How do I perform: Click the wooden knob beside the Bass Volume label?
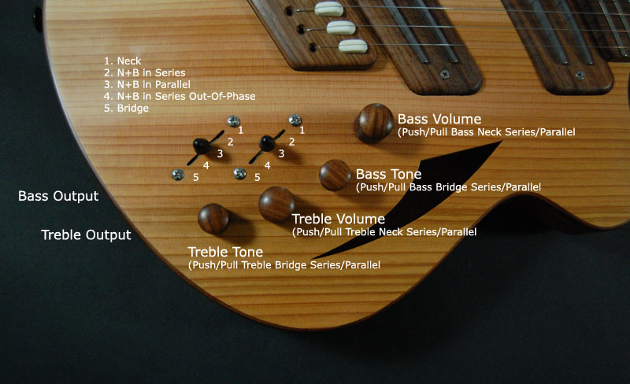(x=373, y=123)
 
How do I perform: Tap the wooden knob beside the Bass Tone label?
(x=335, y=175)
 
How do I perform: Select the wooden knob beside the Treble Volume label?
(x=277, y=204)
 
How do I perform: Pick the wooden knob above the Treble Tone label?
(x=213, y=219)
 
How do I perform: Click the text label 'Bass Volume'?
(x=439, y=119)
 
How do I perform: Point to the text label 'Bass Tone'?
(x=388, y=174)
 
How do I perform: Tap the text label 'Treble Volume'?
(x=339, y=219)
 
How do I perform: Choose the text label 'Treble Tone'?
(x=225, y=252)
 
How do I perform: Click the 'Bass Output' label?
(x=58, y=196)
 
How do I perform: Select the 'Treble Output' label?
(x=86, y=235)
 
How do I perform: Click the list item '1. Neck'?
(x=123, y=61)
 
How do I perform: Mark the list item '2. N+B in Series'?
(x=145, y=72)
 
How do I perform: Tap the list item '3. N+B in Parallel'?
(x=147, y=84)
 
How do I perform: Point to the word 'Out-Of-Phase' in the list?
(x=227, y=97)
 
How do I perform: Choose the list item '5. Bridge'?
(x=126, y=109)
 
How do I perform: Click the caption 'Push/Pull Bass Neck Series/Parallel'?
(x=487, y=132)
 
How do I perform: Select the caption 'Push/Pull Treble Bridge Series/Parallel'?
(x=284, y=265)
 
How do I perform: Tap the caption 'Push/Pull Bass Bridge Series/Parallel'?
(x=448, y=187)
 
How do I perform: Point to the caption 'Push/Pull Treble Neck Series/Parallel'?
(x=384, y=232)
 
